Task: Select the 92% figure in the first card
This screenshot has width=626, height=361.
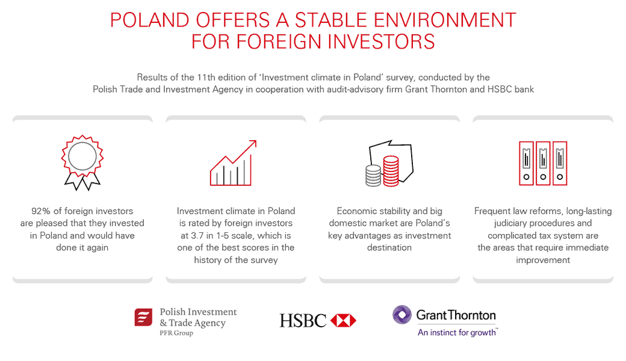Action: point(41,211)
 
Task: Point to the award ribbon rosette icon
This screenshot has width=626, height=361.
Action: point(82,162)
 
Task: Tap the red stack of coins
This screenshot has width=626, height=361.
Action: point(391,171)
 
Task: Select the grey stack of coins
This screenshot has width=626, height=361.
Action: point(373,176)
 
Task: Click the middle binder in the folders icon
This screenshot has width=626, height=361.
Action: point(543,163)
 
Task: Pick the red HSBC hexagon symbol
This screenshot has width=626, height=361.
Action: point(343,320)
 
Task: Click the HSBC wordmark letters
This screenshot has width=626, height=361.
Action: point(303,321)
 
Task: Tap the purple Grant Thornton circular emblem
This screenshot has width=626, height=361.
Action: point(401,315)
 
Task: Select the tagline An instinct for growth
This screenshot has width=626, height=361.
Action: point(457,333)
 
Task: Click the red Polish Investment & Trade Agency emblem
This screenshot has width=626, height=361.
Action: point(143,318)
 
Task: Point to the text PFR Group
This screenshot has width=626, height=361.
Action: point(176,333)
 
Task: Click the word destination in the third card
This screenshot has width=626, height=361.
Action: point(389,248)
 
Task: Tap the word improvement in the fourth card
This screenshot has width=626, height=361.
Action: point(543,260)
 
